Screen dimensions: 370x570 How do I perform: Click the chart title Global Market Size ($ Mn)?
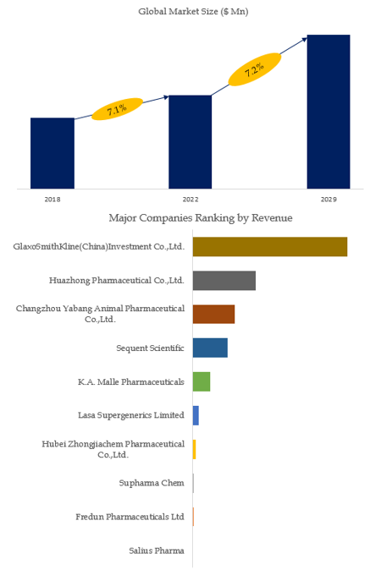pos(193,11)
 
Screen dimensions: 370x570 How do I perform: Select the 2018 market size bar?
pos(52,153)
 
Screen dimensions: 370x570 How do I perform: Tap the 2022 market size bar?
pos(190,142)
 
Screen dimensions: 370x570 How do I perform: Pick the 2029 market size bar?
pos(329,112)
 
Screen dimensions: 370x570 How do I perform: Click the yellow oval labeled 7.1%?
pos(117,109)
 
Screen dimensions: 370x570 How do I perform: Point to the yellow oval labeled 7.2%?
pos(255,69)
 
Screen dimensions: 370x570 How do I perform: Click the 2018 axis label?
pos(52,200)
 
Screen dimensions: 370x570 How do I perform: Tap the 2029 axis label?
pos(329,200)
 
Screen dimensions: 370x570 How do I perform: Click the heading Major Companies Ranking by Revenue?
pos(201,217)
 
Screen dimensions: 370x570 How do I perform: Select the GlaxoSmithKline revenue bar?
pos(270,247)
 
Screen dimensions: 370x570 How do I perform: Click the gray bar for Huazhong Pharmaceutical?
pos(224,281)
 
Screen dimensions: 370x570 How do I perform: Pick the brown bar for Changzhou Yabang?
pos(213,314)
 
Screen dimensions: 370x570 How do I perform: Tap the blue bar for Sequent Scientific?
pos(210,348)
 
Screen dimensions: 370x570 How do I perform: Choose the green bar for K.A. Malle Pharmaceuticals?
pos(202,381)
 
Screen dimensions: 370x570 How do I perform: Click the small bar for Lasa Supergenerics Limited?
pos(196,415)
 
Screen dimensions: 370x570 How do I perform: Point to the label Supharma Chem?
pos(152,483)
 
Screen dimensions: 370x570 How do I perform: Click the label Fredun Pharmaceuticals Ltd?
pos(130,517)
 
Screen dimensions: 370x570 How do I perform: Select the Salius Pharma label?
pos(157,551)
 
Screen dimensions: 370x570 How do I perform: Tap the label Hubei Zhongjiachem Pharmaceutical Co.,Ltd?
pos(113,449)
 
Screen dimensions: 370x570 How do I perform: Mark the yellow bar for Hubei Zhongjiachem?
pos(194,449)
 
